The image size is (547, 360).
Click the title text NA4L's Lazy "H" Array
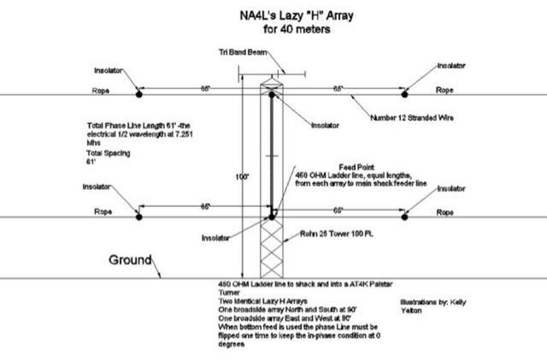[273, 15]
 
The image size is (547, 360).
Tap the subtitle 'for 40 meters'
[273, 27]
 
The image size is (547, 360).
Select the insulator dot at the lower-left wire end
[140, 216]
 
